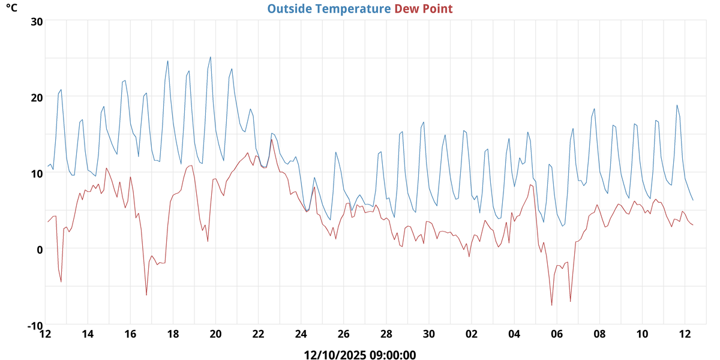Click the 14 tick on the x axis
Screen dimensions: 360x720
[88, 334]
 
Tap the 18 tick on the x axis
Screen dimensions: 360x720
[173, 334]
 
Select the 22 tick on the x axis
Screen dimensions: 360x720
[258, 334]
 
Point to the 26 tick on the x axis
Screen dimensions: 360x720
[343, 334]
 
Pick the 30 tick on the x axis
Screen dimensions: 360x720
[428, 334]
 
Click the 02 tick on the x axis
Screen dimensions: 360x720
[472, 334]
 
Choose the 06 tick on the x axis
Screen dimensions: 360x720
[557, 334]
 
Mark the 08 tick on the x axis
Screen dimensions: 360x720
[599, 334]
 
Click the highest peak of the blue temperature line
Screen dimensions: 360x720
[211, 57]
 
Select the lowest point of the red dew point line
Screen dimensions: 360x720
[552, 305]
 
